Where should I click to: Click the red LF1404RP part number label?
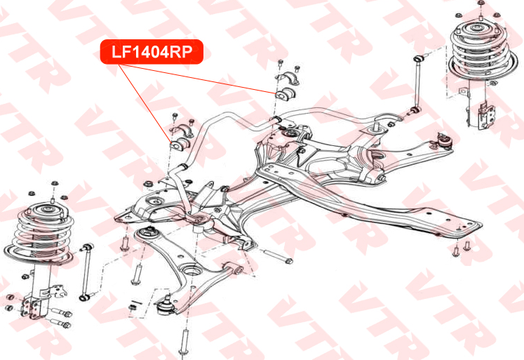[152, 52]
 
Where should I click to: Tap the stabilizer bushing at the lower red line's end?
[180, 145]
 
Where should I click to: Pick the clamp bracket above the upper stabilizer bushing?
[287, 78]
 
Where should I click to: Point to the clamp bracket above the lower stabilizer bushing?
[182, 131]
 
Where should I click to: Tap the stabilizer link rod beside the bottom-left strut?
[86, 272]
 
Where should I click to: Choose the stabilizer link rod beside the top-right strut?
[417, 85]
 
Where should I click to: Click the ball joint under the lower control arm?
[165, 305]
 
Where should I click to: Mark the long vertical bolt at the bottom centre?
[184, 342]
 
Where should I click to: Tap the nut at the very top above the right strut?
[481, 3]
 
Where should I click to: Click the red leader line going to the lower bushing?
[145, 105]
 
